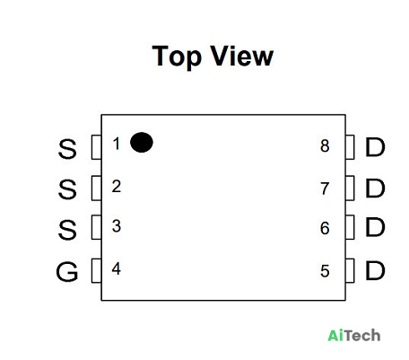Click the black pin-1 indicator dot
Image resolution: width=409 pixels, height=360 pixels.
tap(142, 143)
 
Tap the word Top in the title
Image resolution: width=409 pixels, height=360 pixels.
tap(177, 57)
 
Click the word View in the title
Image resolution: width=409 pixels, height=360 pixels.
tap(242, 56)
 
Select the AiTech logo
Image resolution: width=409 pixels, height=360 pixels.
tap(354, 336)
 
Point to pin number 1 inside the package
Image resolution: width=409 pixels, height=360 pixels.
tap(117, 144)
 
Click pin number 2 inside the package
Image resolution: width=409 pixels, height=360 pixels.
tap(117, 187)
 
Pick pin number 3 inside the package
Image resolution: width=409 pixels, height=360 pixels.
tap(117, 226)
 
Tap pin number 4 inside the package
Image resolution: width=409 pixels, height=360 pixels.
tap(117, 268)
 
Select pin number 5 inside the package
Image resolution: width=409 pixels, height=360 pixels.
tap(325, 271)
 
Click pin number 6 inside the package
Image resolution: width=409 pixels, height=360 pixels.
tap(325, 228)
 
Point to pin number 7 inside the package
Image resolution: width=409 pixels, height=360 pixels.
tap(325, 189)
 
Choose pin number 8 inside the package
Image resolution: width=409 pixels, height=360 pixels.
tap(325, 146)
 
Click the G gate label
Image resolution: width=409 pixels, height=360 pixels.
tap(67, 271)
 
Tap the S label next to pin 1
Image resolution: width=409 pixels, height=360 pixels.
tap(67, 148)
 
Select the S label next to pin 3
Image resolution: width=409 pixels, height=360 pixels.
tap(67, 230)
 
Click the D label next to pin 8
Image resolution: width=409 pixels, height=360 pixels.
tap(375, 147)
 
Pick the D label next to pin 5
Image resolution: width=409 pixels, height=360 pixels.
tap(375, 270)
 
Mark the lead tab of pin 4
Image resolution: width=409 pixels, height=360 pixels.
tap(97, 270)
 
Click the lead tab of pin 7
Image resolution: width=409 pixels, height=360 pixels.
tap(350, 189)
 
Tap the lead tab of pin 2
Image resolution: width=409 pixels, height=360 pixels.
tap(97, 189)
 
